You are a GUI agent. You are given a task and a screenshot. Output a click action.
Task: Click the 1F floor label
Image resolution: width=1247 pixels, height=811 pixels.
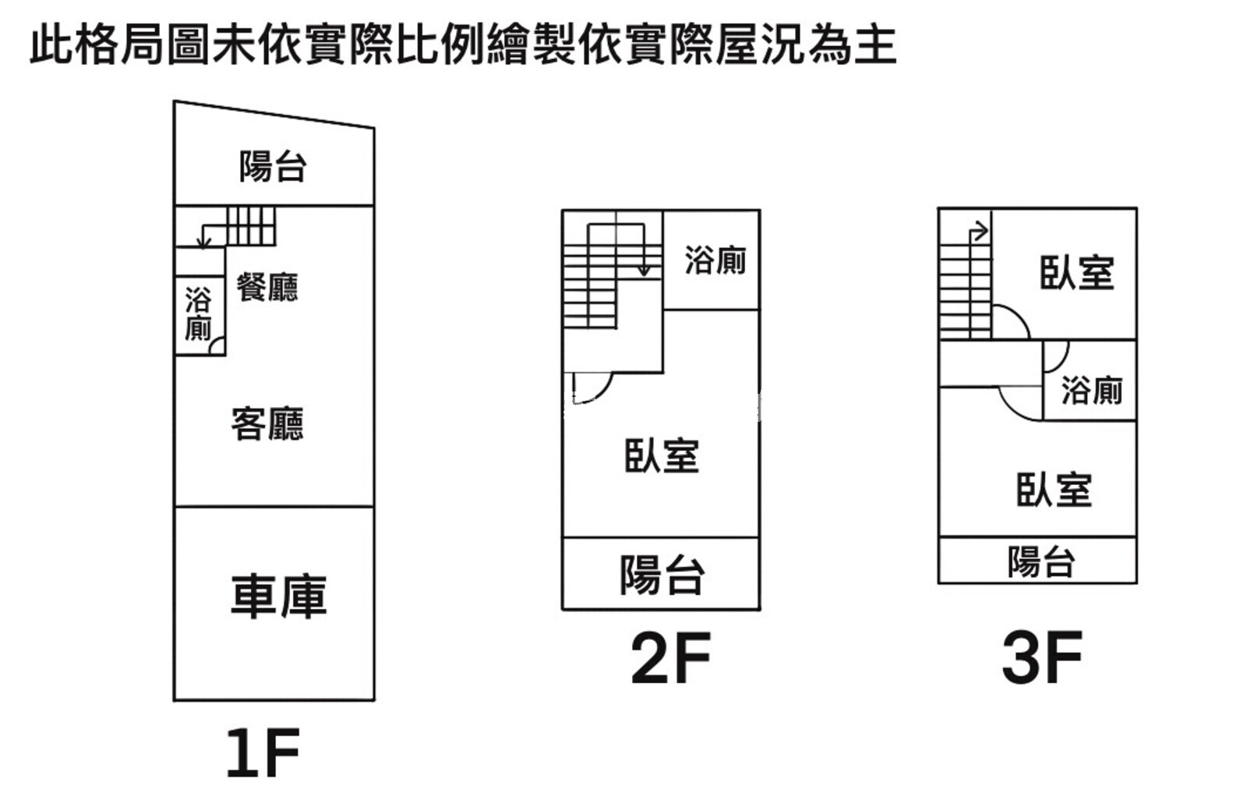[263, 753]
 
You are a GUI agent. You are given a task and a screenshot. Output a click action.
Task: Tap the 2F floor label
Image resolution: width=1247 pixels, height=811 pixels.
[670, 659]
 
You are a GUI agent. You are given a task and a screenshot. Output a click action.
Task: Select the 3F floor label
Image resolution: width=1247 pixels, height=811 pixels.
[1042, 659]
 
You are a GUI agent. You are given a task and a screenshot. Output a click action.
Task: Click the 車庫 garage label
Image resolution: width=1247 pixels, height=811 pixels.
[278, 597]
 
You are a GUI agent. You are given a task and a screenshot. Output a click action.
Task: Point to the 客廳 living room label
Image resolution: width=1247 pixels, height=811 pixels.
[267, 424]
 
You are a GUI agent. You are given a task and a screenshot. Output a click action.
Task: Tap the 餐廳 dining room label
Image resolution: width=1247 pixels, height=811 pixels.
[267, 287]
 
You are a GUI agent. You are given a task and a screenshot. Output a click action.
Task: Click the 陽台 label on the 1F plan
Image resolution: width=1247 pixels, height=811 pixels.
[273, 166]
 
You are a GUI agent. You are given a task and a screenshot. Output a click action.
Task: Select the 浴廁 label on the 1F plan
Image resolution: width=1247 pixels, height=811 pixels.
[198, 313]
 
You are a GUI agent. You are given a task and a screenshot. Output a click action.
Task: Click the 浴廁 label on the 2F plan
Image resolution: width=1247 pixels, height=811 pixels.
[715, 260]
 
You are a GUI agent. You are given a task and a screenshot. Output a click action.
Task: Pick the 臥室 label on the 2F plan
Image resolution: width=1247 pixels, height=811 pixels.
[662, 456]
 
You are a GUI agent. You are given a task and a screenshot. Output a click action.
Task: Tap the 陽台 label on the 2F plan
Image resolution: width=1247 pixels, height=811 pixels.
[662, 575]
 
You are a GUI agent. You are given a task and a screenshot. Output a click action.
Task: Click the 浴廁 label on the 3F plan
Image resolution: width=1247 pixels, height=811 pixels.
[1091, 390]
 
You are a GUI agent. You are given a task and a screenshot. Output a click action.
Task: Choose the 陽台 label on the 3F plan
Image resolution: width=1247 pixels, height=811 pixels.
[1040, 561]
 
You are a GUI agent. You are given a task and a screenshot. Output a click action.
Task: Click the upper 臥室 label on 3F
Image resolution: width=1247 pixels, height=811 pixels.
[1076, 273]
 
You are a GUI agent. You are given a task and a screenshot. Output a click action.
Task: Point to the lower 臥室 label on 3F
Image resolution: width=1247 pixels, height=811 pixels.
[1054, 490]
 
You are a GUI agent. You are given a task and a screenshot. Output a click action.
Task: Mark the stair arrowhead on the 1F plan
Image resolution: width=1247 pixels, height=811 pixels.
[203, 243]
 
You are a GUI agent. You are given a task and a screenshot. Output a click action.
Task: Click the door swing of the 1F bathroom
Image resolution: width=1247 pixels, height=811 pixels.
[217, 346]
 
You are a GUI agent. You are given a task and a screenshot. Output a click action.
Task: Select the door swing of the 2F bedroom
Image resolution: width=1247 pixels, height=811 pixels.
[591, 385]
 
